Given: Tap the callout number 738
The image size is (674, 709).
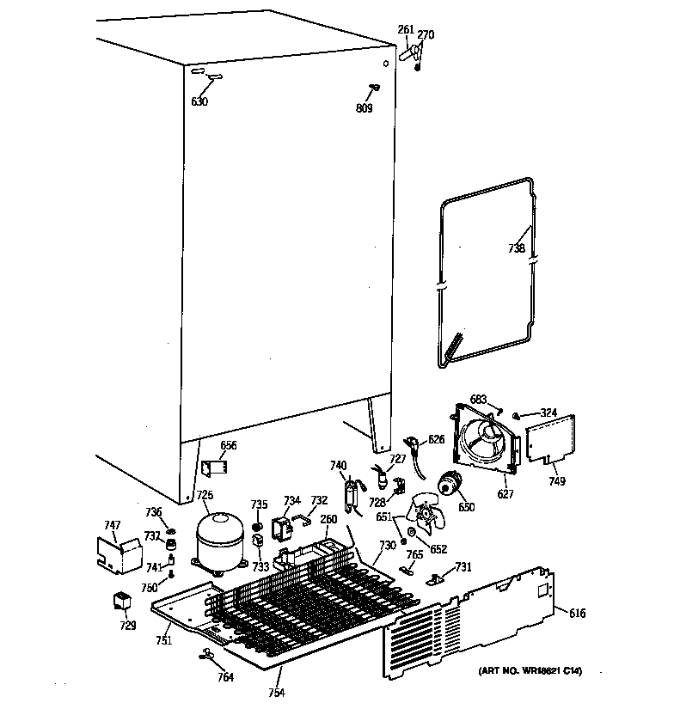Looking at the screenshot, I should click(515, 248).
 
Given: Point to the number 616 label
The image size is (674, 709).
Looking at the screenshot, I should click(577, 613).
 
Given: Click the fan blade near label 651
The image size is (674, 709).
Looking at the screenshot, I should click(428, 516).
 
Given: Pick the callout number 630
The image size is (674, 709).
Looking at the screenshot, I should click(199, 101).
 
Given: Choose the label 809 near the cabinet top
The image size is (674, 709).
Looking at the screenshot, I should click(364, 107).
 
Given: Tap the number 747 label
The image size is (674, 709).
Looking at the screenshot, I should click(112, 525).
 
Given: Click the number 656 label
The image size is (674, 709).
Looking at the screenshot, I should click(229, 445).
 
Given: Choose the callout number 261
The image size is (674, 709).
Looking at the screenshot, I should click(406, 30).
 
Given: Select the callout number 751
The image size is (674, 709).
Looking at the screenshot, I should click(163, 640).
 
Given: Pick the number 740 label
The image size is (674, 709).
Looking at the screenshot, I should click(339, 466).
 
